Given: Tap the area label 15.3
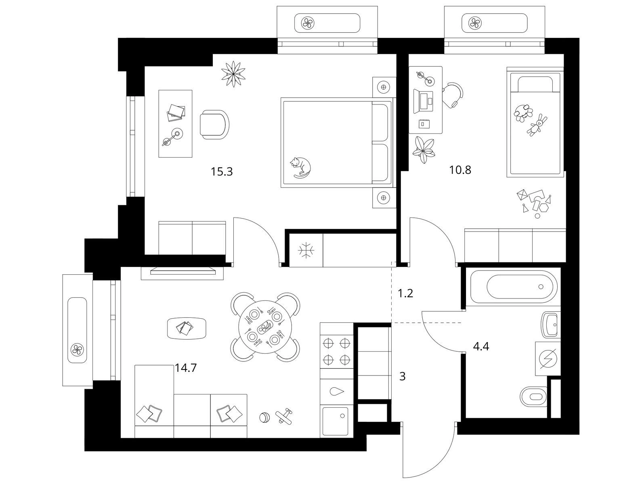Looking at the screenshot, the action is click(x=222, y=172).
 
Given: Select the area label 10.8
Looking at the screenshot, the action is click(x=460, y=170).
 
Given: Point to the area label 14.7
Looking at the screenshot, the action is click(x=186, y=368).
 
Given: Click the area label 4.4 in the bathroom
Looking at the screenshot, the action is click(x=481, y=346).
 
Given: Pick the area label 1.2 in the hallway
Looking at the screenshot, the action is click(x=405, y=293).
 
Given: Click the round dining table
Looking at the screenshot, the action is click(x=265, y=327).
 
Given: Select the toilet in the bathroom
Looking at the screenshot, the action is click(x=534, y=396).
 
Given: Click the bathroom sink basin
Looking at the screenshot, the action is click(x=550, y=325).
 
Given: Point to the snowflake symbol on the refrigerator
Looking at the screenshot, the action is click(x=306, y=250).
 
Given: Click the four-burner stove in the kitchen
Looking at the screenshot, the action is click(x=337, y=351).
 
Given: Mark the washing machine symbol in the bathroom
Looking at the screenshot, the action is click(x=548, y=359).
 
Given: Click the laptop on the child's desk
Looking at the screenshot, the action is click(x=424, y=101).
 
